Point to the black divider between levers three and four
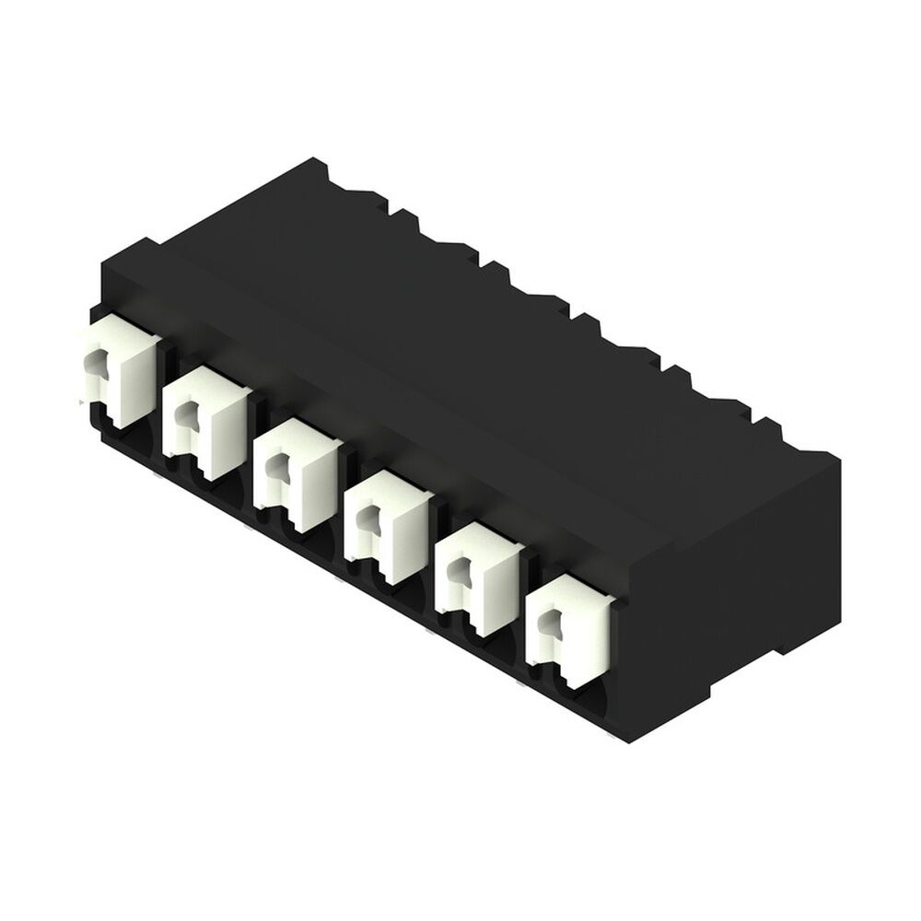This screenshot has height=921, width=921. click(342, 497)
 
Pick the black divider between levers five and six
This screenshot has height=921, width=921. click(524, 603)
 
